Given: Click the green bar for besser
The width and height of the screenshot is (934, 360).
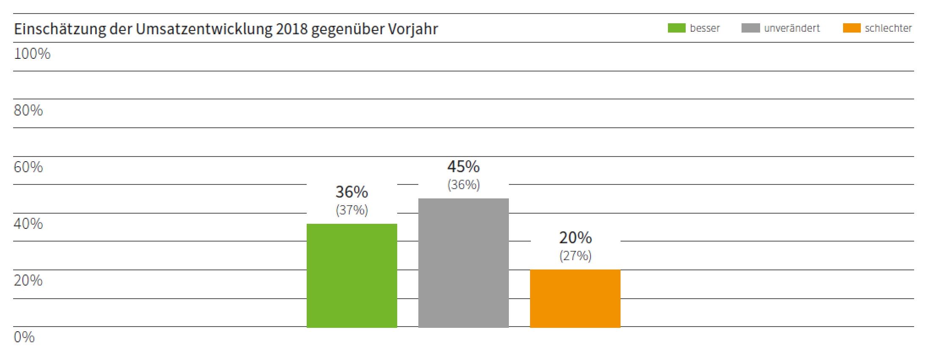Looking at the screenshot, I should click(x=352, y=275).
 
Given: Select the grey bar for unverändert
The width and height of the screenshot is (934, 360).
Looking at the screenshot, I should click(x=463, y=263).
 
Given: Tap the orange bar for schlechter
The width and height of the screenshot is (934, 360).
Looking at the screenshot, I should click(x=575, y=298).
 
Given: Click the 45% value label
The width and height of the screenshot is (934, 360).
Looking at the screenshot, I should click(x=463, y=167).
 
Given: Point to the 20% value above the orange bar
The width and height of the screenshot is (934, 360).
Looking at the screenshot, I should click(x=575, y=238).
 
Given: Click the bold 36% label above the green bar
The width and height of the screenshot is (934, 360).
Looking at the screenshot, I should click(x=352, y=192).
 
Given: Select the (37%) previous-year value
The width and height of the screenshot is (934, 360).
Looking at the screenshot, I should click(x=352, y=210).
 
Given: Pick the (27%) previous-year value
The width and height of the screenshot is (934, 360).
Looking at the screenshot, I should click(x=575, y=256).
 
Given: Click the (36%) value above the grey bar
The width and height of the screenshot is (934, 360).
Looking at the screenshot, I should click(x=463, y=184).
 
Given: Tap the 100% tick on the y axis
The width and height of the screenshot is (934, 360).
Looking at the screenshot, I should click(x=32, y=54).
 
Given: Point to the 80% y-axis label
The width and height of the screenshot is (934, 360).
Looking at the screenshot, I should click(x=28, y=110).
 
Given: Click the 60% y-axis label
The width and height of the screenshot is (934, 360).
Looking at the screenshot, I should click(x=28, y=167).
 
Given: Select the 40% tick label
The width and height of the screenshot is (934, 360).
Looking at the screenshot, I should click(x=28, y=224).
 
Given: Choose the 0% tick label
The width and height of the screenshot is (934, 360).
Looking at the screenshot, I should click(x=24, y=337).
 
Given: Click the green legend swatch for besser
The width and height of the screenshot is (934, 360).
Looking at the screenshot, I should click(x=676, y=28).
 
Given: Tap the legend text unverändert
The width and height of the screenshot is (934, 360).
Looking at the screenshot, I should click(x=792, y=28).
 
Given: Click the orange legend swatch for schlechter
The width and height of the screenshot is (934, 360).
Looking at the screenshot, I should click(x=852, y=28).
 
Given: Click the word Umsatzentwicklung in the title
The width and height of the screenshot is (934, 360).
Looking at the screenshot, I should click(x=204, y=29).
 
